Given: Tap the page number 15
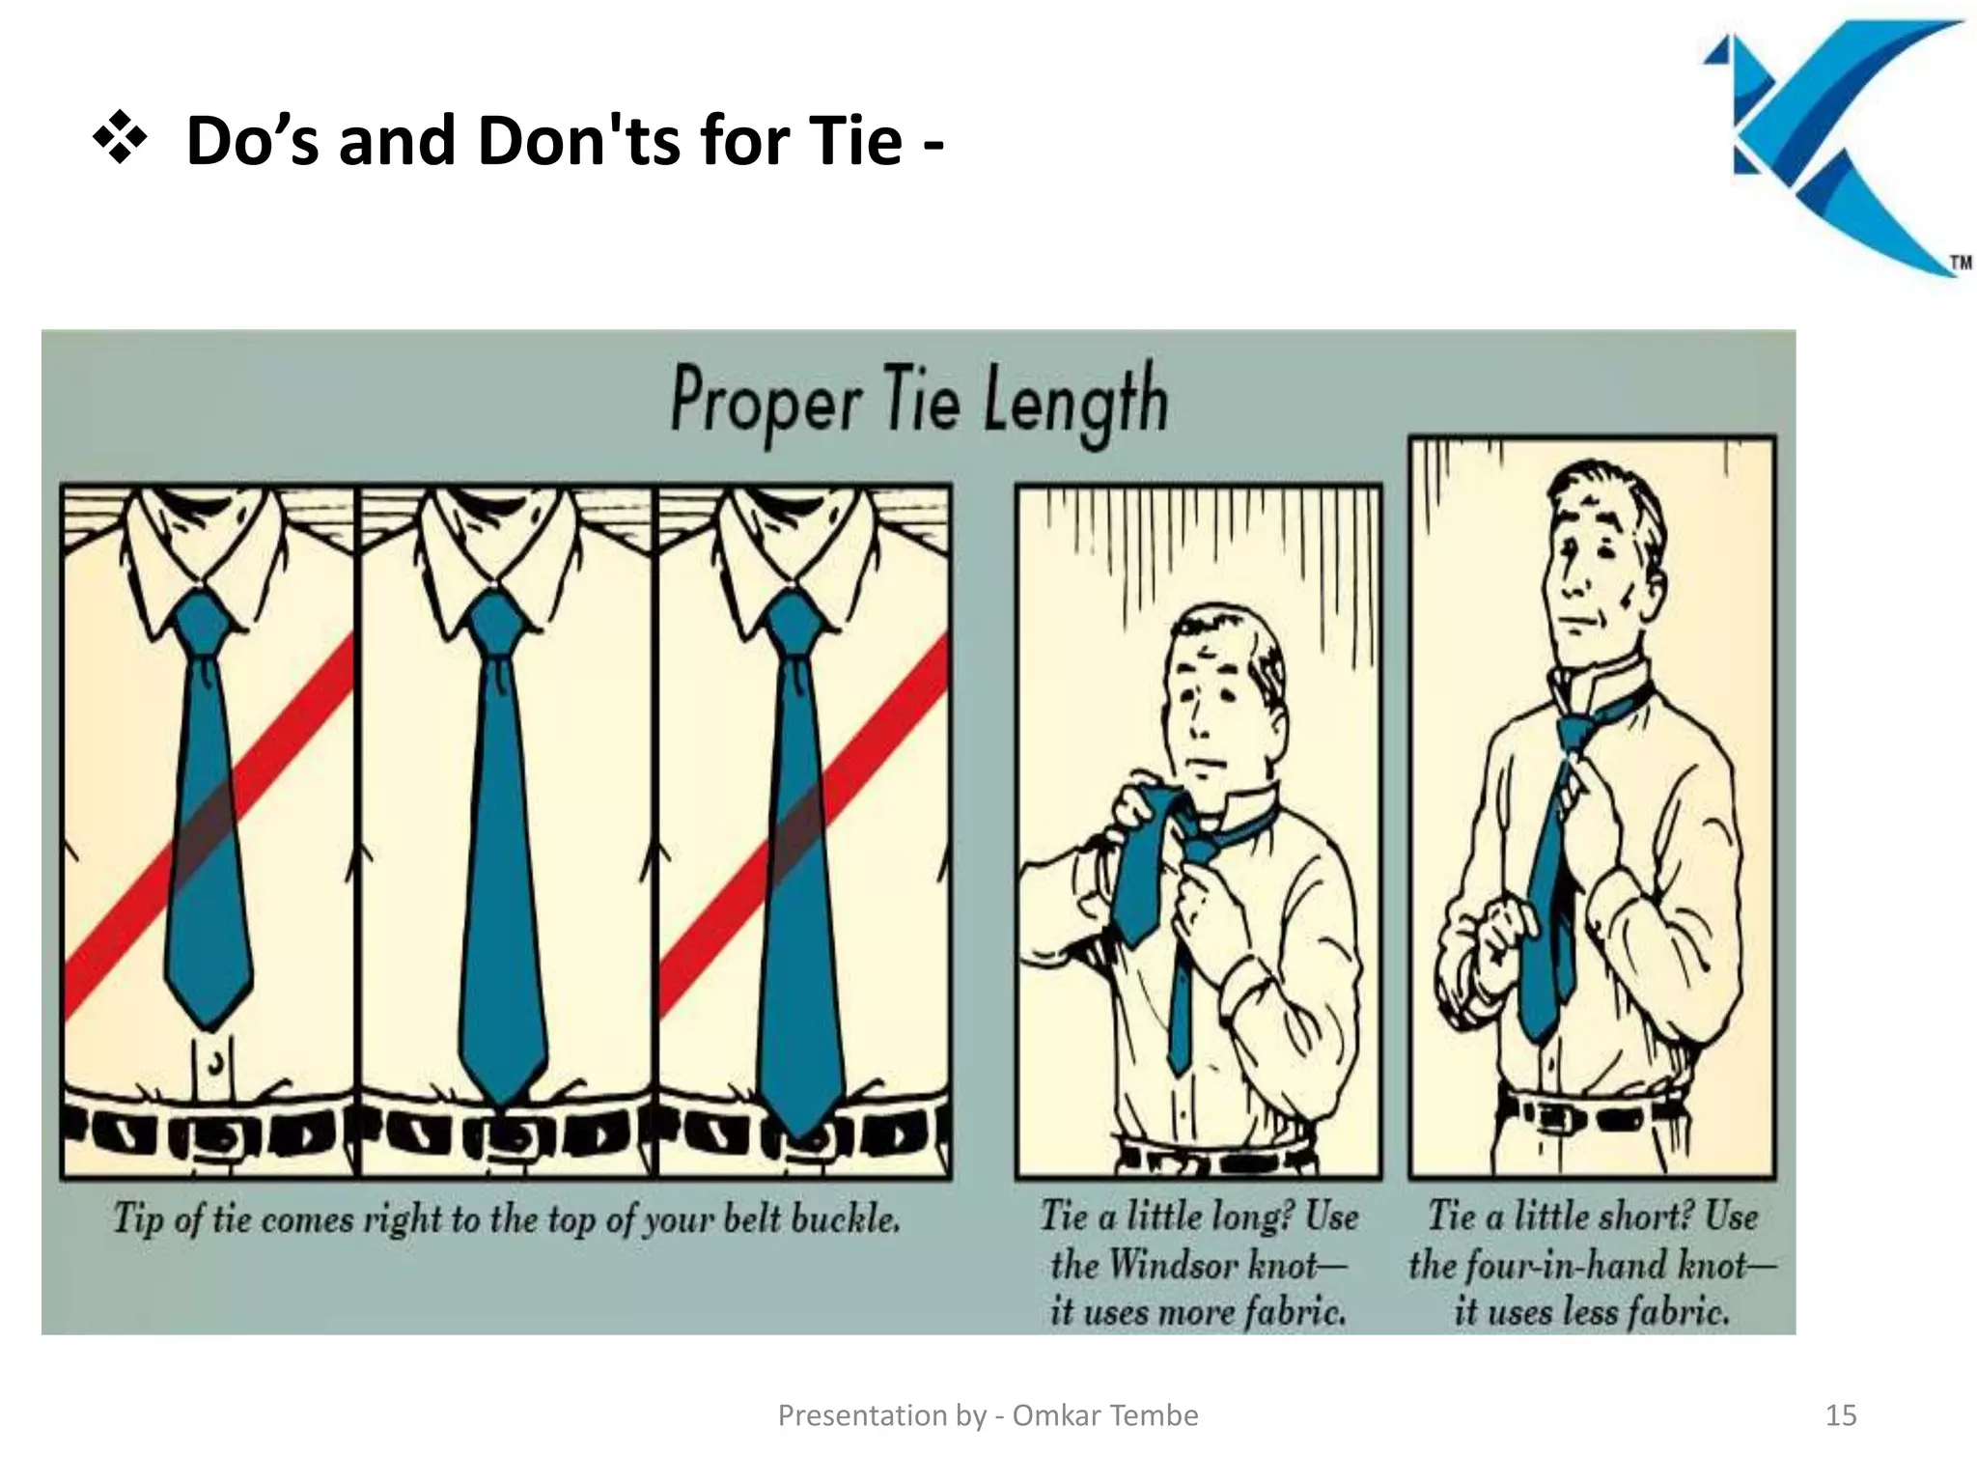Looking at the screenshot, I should coord(1841,1415).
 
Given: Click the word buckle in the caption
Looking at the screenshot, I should coord(845,1219).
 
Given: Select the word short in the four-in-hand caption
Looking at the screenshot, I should coord(1652,1217).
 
